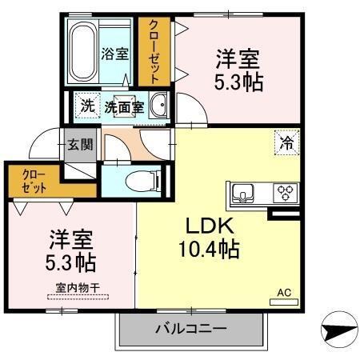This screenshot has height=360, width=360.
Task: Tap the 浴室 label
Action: pos(115,54)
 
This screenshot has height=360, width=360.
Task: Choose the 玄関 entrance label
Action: pos(79,145)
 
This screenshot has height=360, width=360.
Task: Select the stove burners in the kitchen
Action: pos(285,192)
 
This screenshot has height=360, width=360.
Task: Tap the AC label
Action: pos(283,292)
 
